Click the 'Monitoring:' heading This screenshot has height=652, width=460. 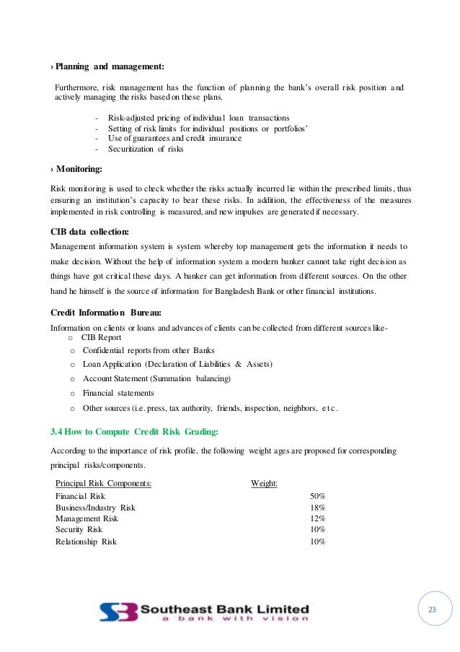[x=78, y=169]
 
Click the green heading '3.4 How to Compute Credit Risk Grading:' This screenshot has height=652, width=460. [x=135, y=431]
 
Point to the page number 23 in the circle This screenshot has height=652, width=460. [x=433, y=610]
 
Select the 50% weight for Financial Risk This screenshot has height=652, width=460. [x=317, y=496]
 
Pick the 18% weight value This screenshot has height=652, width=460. [x=317, y=508]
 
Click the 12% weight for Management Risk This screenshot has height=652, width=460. [x=317, y=518]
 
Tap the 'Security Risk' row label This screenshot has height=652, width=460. [x=79, y=529]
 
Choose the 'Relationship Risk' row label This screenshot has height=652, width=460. [x=86, y=541]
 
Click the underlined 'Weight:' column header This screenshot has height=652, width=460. [x=265, y=483]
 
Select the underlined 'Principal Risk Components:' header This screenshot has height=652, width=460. [x=103, y=483]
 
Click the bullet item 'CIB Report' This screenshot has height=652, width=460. [x=101, y=337]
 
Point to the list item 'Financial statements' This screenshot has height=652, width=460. [x=118, y=393]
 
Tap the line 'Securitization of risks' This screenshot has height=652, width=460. [x=146, y=149]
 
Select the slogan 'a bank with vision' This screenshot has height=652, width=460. [x=225, y=619]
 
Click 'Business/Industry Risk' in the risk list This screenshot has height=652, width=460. [x=95, y=508]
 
